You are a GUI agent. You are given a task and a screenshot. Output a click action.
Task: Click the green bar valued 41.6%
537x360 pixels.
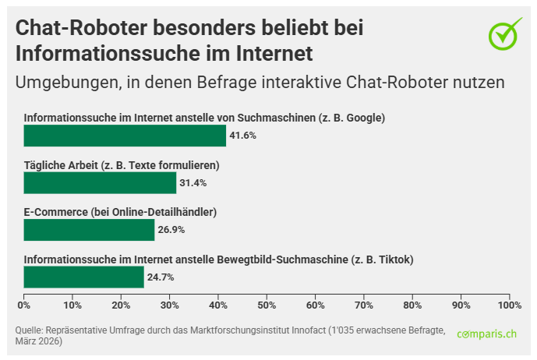point(125,136)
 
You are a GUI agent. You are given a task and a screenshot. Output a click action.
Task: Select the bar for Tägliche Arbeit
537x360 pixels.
point(100,182)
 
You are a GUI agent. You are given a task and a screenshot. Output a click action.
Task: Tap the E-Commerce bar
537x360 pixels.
point(89,230)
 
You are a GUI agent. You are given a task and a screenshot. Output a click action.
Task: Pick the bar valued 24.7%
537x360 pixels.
point(83,277)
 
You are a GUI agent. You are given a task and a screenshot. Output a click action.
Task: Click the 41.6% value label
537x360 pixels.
point(242,136)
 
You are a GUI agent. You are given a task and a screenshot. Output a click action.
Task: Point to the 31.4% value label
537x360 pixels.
point(193,182)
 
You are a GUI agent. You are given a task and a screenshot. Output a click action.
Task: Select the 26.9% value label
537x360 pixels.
point(171,230)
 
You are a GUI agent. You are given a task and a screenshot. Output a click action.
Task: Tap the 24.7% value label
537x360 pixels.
point(160,277)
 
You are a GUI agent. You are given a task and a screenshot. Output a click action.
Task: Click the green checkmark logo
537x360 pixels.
point(504,34)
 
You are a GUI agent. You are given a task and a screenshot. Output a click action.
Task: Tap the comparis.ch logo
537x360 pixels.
point(487,334)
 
